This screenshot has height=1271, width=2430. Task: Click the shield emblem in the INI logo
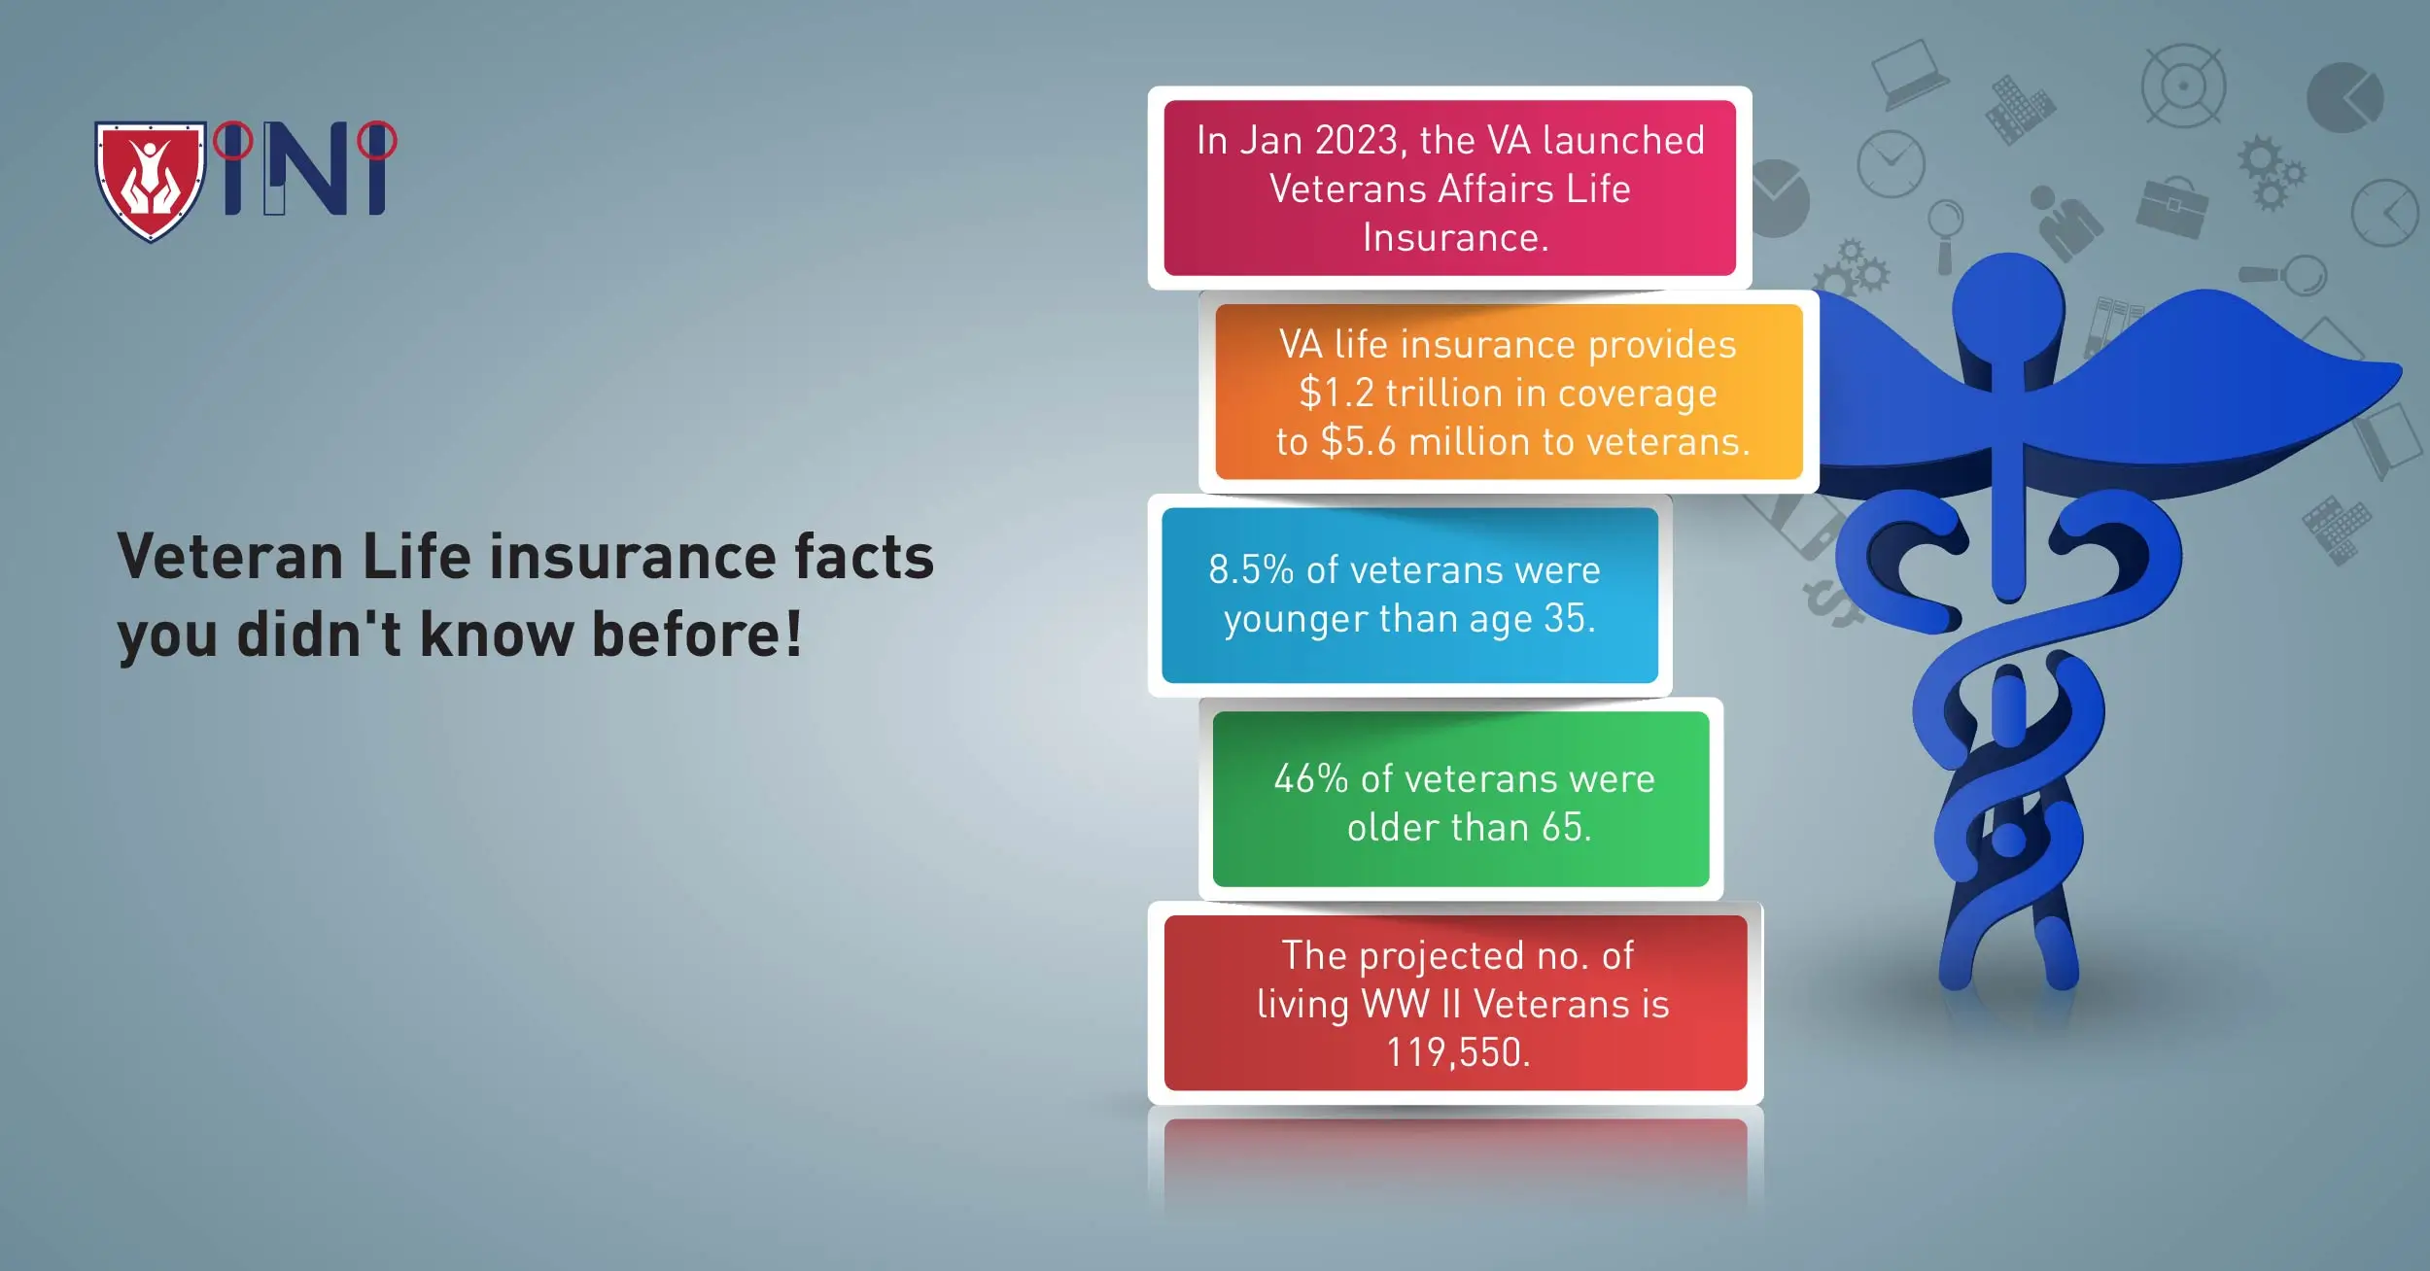(x=151, y=180)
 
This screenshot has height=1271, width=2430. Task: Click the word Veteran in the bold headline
(x=229, y=558)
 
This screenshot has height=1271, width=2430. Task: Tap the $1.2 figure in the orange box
(x=1336, y=394)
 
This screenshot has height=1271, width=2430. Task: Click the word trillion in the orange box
(x=1444, y=394)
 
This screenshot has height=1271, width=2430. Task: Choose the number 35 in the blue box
(x=1567, y=619)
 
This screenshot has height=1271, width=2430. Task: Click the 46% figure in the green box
(x=1310, y=779)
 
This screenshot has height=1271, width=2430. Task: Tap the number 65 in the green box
(x=1564, y=828)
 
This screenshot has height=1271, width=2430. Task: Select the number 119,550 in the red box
(x=1458, y=1053)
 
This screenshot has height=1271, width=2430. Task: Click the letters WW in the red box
(x=1395, y=1005)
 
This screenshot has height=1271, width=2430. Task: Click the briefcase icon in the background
(x=2171, y=206)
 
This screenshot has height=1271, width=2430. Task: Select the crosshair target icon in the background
(x=2183, y=86)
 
